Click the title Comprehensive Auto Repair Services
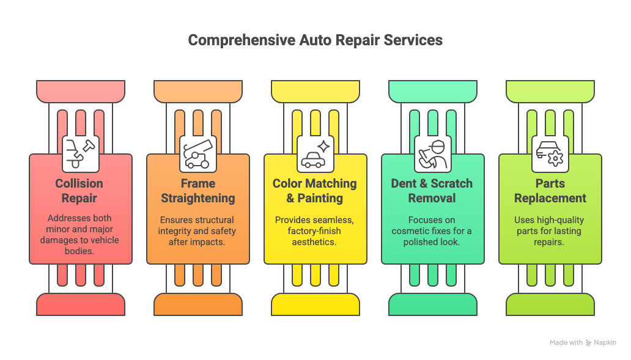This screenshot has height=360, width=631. coord(315,40)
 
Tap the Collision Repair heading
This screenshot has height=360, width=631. coord(79,191)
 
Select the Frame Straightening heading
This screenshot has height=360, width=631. coord(198,191)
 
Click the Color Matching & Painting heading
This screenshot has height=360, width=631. coord(315,191)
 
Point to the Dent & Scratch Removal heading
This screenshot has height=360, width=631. coord(432,191)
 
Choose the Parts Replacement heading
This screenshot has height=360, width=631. coord(550,191)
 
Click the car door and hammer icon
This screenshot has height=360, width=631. coord(81,154)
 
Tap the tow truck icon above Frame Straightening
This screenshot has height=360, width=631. coord(197,154)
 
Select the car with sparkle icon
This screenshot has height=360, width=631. coord(315,154)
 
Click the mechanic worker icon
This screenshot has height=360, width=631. coord(433,154)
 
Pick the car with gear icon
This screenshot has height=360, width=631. coord(550,154)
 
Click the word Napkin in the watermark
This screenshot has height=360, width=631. coord(605,343)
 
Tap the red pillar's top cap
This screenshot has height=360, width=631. coord(81,91)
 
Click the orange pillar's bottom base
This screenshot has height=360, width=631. coord(198,304)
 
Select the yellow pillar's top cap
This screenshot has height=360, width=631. coord(315,91)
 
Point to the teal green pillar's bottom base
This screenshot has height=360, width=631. coord(433,304)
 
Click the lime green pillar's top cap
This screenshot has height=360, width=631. coord(550,91)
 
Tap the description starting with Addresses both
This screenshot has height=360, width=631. coord(79,235)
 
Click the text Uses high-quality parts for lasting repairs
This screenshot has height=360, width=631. coord(549,231)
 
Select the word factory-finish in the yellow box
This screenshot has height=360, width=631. coord(314,231)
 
